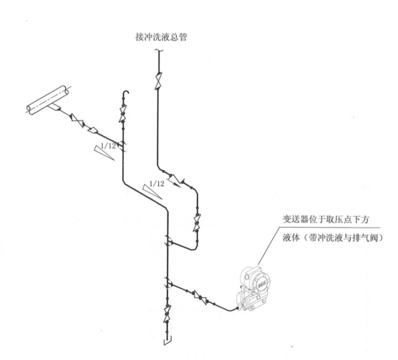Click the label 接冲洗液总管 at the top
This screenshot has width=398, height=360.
tap(161, 37)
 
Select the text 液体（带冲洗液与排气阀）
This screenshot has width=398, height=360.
tap(333, 238)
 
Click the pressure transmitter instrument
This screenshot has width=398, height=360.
tap(253, 288)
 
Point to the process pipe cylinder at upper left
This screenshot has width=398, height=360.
tap(48, 100)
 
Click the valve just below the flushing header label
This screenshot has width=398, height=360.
tap(158, 81)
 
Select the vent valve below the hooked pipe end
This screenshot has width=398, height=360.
tap(123, 113)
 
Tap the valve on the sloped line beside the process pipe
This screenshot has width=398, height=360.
tap(78, 120)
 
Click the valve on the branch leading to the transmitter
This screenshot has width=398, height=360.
tap(200, 297)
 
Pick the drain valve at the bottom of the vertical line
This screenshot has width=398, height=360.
tap(167, 314)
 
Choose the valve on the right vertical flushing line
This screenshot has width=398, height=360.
tap(197, 223)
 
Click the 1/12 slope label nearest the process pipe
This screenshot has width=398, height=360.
tap(108, 146)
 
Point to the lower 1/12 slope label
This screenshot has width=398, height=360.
tap(157, 183)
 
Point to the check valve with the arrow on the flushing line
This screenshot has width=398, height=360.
tap(175, 180)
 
